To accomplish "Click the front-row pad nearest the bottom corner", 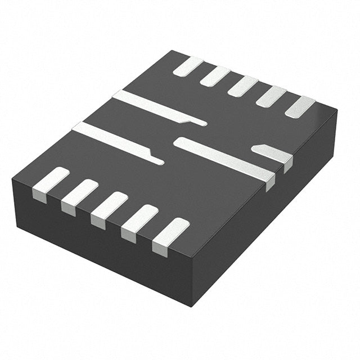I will pos(170,236).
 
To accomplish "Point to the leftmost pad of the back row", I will pos(188,66).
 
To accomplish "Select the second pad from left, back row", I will pos(215,76).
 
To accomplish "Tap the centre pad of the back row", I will pos(243,86).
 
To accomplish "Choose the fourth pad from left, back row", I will pos(271,96).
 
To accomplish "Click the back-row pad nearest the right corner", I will pos(300,107).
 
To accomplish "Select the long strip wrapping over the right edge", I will pos(225,159).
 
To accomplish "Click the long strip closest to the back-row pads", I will pos(157,108).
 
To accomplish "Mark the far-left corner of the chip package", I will pos(12,179).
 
